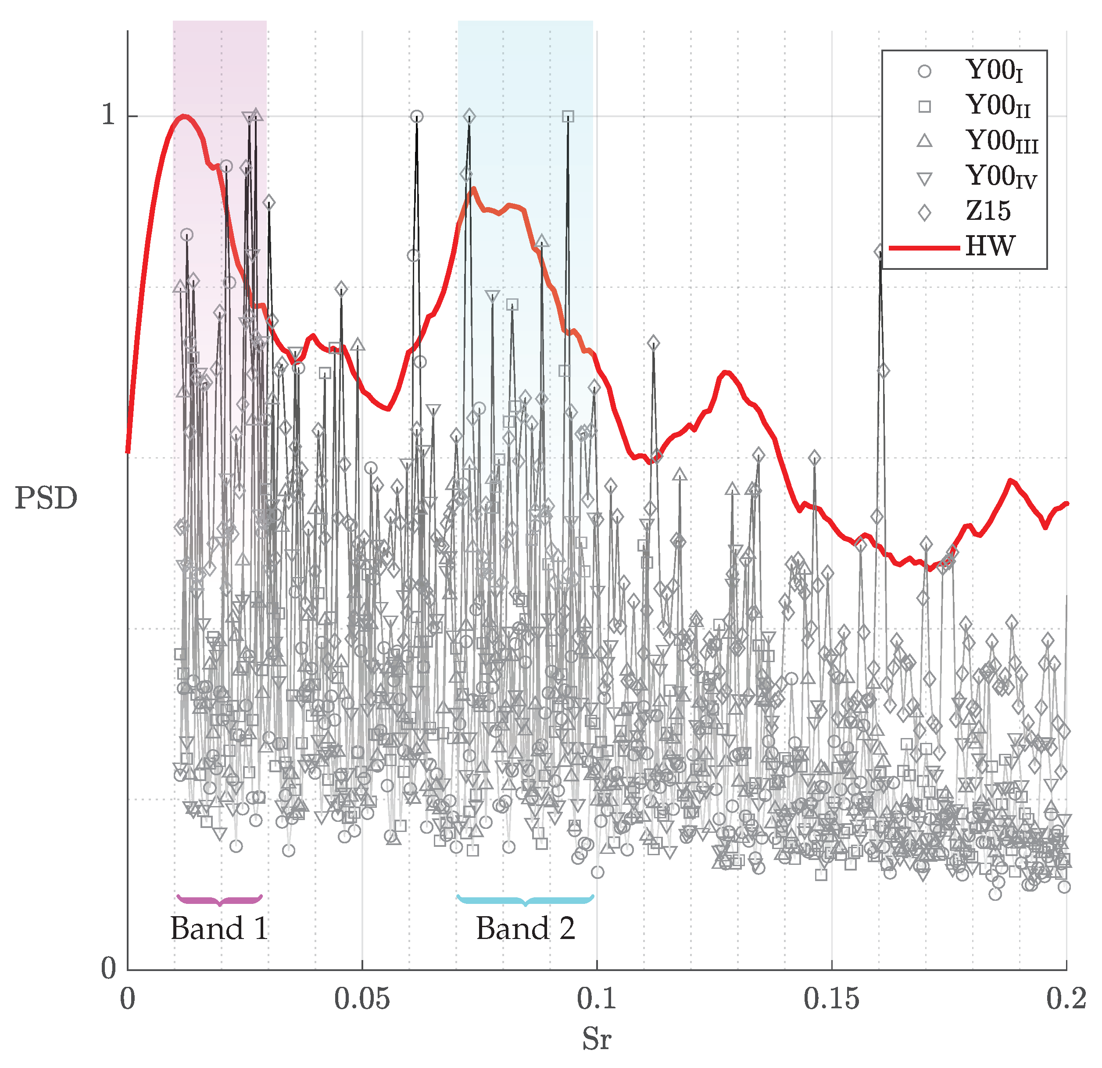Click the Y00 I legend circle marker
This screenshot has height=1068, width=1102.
click(924, 72)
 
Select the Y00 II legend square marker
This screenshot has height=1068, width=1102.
click(924, 106)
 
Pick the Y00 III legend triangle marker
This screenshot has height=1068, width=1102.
click(924, 141)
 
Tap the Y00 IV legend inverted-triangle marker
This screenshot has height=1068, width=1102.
click(924, 178)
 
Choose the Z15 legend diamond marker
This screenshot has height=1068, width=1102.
click(924, 212)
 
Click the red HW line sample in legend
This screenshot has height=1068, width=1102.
click(924, 247)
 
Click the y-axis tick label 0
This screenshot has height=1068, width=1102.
click(108, 968)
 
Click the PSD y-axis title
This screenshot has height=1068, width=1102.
click(46, 498)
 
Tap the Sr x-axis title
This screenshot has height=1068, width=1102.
click(596, 1039)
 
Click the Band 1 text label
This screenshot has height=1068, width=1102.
click(219, 928)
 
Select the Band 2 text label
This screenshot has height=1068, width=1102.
click(526, 928)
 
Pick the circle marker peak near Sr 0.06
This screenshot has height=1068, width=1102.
click(417, 116)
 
